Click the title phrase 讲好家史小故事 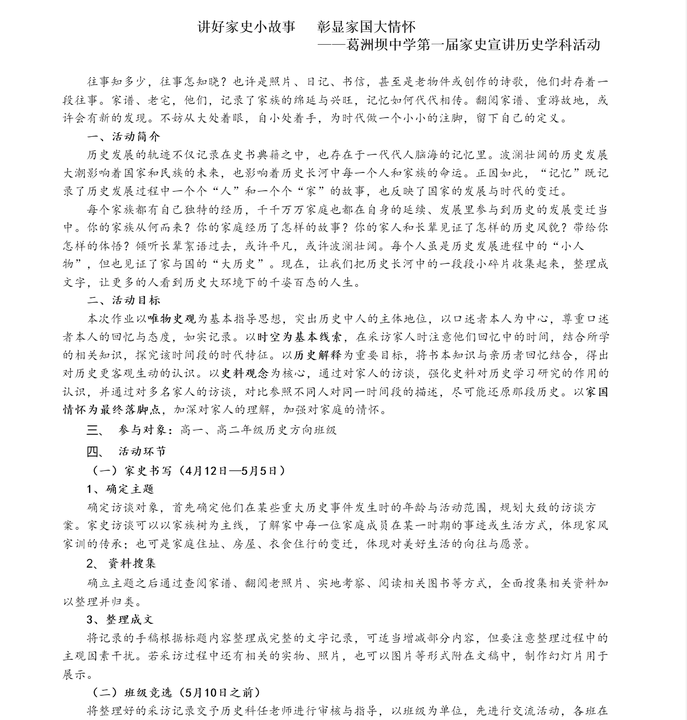(x=246, y=27)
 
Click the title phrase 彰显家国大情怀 (x=366, y=27)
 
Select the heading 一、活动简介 (x=124, y=137)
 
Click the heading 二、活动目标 (x=124, y=300)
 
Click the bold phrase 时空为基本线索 (x=300, y=337)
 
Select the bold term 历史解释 (x=318, y=355)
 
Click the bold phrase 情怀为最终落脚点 (x=111, y=410)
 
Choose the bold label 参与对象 (x=143, y=430)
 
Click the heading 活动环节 (x=142, y=451)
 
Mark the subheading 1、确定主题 (x=120, y=489)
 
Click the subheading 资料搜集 (x=132, y=563)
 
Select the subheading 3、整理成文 (x=120, y=620)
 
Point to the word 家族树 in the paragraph (x=196, y=525)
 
